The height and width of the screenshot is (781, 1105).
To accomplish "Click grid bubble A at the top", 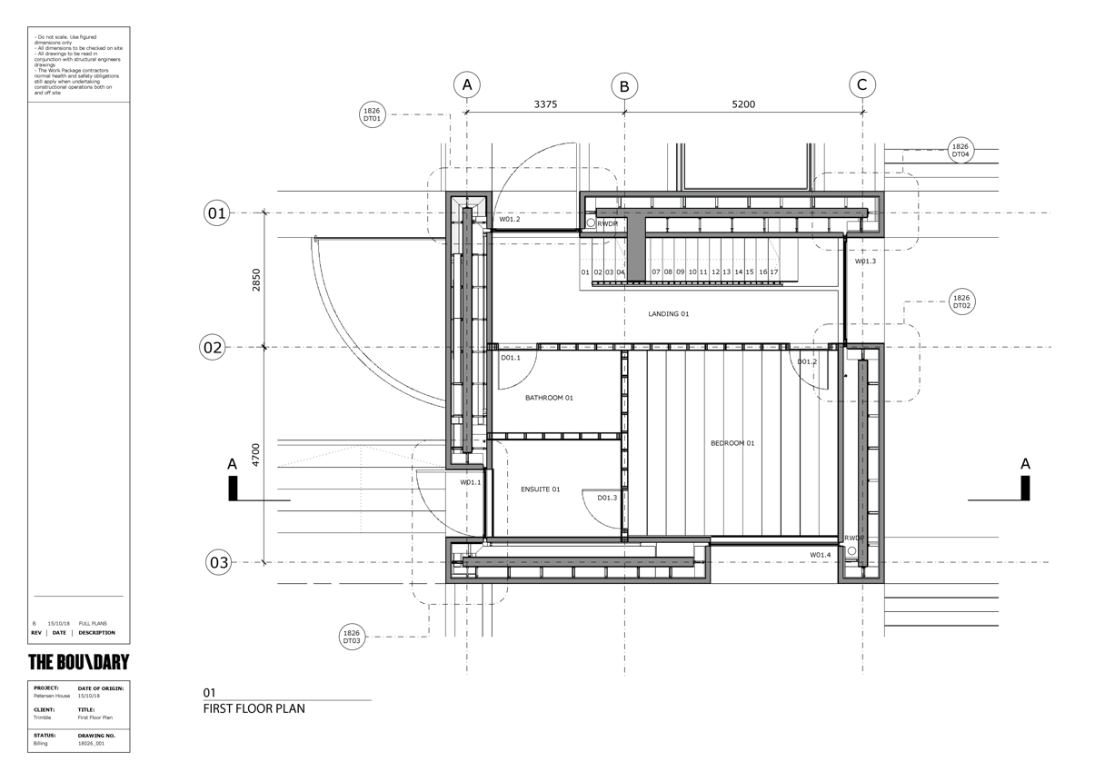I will tap(467, 85).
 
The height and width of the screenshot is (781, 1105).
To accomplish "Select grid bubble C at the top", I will tap(862, 85).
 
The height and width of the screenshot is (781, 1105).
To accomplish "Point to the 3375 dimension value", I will tap(545, 104).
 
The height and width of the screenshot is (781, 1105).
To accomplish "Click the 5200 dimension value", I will tap(743, 104).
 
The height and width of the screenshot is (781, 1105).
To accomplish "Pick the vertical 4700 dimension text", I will tap(256, 454).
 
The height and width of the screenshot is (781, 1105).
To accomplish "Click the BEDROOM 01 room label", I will tap(732, 443).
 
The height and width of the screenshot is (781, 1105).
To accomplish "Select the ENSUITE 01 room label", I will tap(540, 489).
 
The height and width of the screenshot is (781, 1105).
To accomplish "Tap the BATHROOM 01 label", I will tap(550, 398).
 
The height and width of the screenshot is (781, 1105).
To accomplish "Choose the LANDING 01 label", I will tap(669, 314).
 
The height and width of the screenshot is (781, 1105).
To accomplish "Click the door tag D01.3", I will tap(607, 498).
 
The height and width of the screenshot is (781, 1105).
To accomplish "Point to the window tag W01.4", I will tap(821, 555).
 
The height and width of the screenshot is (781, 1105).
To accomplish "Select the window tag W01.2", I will tap(509, 220).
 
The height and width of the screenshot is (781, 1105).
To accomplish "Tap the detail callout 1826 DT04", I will tap(961, 150).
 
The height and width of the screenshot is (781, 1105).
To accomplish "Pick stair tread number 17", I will tap(773, 272).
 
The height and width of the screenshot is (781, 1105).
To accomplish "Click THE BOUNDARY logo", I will tap(79, 662).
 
